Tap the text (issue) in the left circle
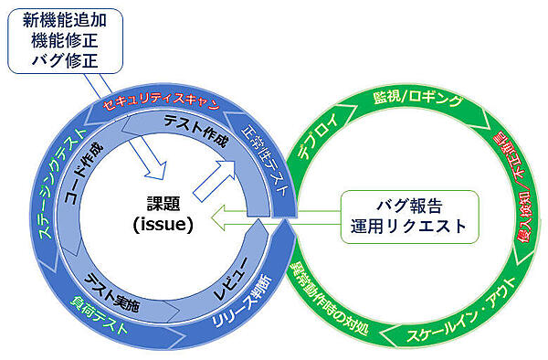[163, 223]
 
